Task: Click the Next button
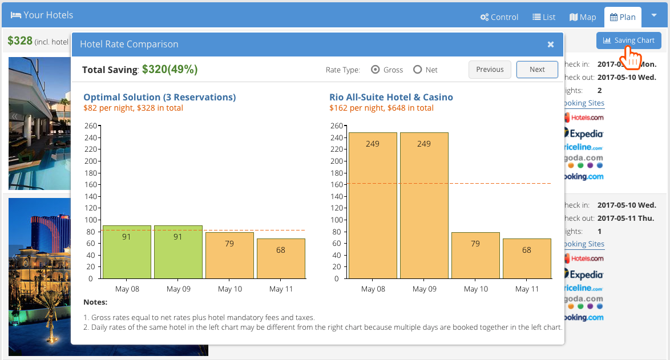537,70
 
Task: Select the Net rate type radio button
418,70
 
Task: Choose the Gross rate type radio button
376,70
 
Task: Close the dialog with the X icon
551,45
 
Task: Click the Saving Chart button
629,41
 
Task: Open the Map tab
583,17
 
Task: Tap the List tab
544,17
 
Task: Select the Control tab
499,17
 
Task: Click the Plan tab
623,17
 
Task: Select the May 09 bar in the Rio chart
424,205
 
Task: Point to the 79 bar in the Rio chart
475,255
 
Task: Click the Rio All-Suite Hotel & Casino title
391,97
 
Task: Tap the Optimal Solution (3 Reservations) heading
159,97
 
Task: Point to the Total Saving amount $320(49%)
169,70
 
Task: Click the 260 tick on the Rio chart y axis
336,126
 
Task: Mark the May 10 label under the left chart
230,289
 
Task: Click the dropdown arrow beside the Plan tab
653,15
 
